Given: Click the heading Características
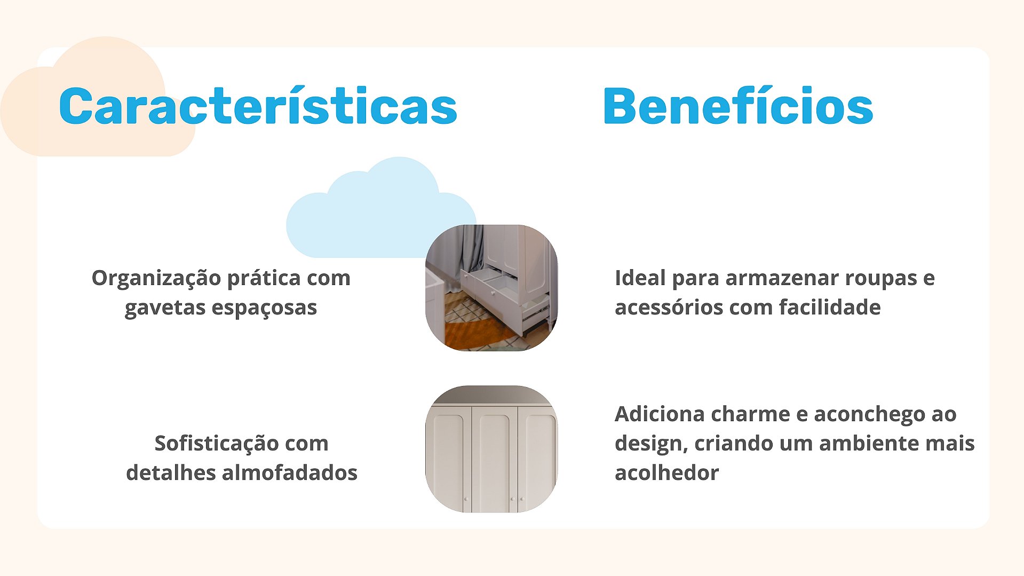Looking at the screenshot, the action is coord(258,106).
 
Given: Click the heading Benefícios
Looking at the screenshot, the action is coord(738,106).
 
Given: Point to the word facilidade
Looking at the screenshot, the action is coord(830,307).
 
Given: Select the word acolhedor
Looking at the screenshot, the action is coord(666,473).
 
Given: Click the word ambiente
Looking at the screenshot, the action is coord(869,444).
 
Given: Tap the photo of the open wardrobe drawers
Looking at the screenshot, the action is coord(491,288).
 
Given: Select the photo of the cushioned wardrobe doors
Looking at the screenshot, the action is coord(491,449).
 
